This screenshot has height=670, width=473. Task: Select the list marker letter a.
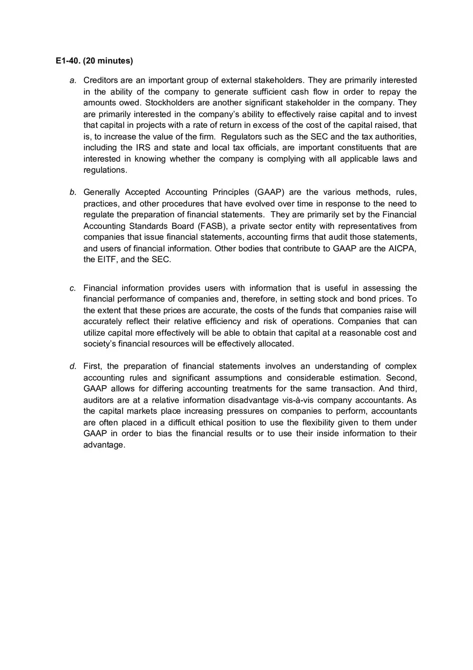(x=73, y=81)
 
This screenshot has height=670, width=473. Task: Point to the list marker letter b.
(x=73, y=192)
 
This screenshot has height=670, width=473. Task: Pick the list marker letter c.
(x=73, y=288)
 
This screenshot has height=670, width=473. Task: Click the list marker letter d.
(x=73, y=366)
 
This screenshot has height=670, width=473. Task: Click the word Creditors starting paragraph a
(x=101, y=81)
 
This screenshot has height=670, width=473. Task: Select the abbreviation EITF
(x=108, y=260)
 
